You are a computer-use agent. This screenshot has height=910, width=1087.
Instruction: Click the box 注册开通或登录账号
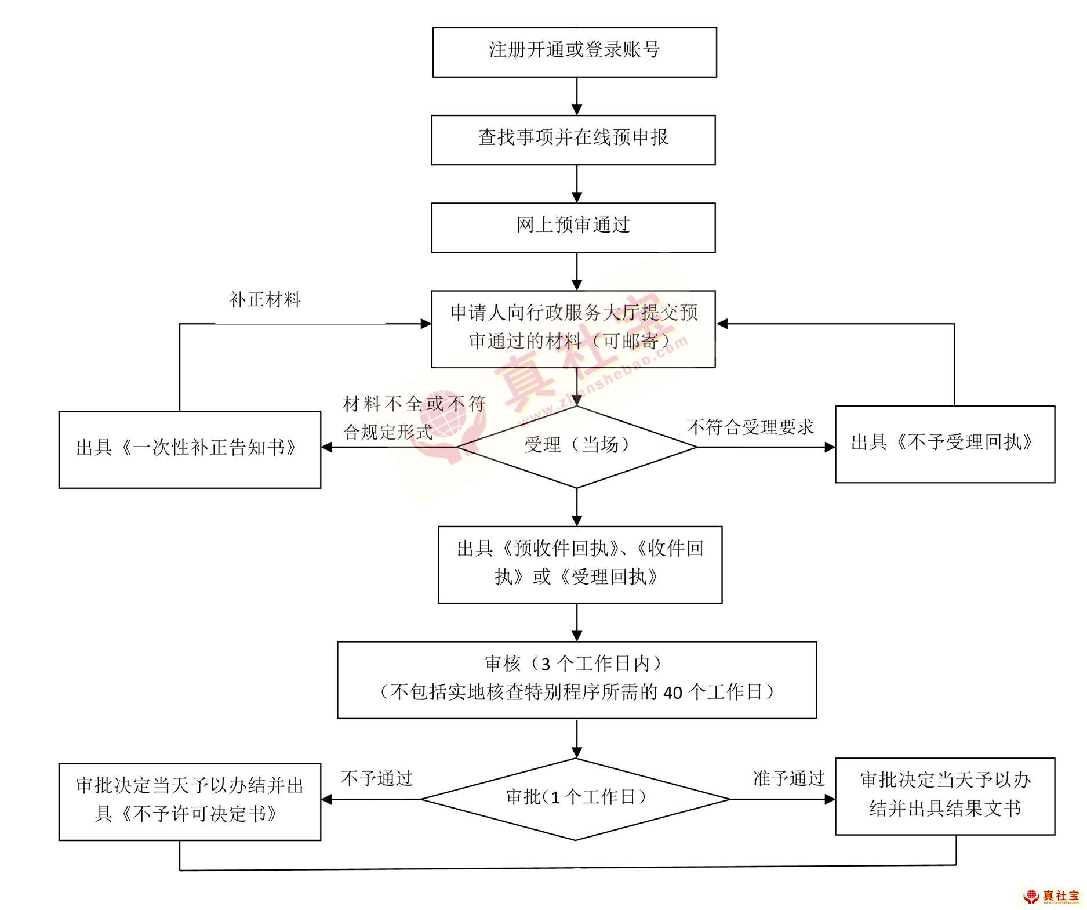tap(574, 52)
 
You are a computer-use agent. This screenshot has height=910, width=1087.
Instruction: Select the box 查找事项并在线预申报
tap(573, 140)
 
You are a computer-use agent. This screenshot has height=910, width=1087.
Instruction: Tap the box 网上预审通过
tap(573, 227)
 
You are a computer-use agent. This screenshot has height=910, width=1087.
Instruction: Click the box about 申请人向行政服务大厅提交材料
tap(573, 328)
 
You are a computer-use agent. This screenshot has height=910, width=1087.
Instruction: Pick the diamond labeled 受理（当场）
tap(576, 446)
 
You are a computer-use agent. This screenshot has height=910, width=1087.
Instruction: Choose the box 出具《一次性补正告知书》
tap(190, 449)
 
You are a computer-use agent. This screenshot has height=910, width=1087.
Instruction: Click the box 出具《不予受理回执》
tap(944, 444)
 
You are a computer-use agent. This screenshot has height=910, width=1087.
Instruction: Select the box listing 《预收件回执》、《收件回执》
tap(580, 564)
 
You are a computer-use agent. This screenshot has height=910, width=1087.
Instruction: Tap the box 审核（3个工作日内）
tap(576, 679)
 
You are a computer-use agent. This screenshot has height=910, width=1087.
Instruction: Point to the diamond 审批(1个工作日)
tap(575, 799)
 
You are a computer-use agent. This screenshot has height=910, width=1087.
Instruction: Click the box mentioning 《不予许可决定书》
tap(190, 801)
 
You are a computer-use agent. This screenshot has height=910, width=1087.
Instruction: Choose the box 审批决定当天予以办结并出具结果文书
tap(944, 796)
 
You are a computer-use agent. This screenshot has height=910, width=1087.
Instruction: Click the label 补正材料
tap(265, 300)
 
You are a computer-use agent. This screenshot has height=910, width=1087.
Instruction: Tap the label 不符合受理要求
tap(751, 427)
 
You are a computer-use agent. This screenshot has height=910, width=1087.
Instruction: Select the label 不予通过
tap(377, 778)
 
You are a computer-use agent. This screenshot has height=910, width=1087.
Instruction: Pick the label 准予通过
tap(788, 778)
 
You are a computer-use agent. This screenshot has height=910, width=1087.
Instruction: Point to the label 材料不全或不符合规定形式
tap(413, 418)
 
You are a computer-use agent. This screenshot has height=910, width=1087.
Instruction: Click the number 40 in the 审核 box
tap(672, 693)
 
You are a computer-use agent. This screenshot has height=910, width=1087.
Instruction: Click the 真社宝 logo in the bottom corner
tap(1051, 897)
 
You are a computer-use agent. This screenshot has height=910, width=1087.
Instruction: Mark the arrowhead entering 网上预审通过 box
tap(576, 197)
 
